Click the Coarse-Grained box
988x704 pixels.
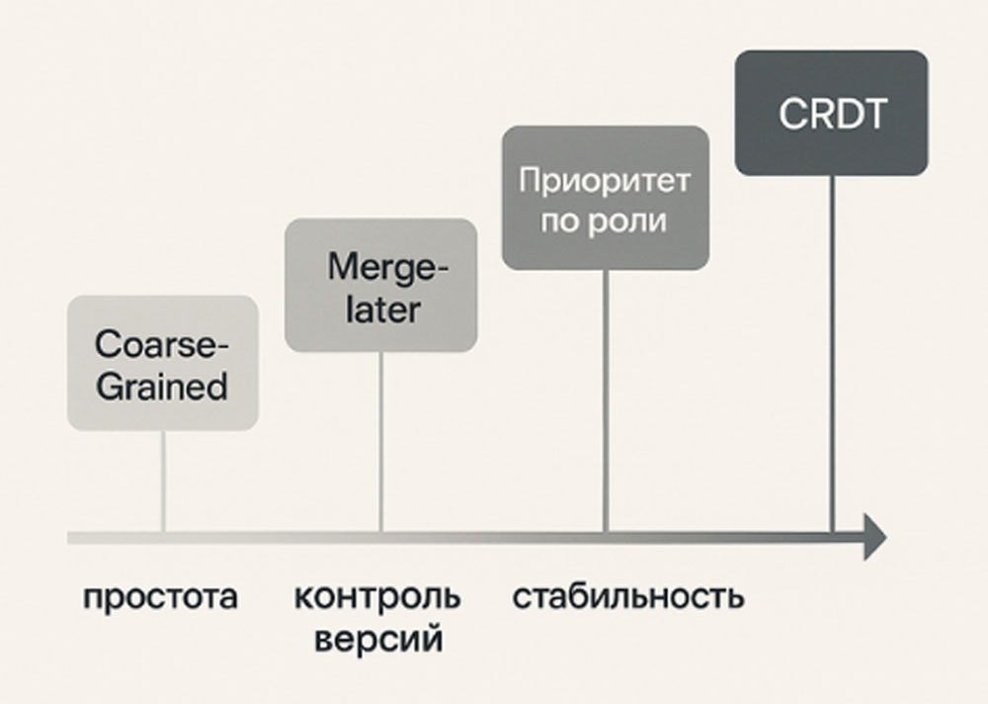click(162, 364)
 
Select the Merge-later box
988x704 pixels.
click(380, 285)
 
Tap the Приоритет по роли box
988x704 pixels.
click(605, 198)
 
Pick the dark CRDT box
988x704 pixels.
click(831, 114)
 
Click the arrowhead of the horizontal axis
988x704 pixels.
click(873, 537)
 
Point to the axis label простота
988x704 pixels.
click(160, 597)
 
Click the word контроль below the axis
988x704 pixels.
click(377, 597)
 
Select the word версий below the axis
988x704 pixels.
click(378, 638)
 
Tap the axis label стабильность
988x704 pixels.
click(628, 597)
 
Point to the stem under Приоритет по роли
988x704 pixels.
click(606, 400)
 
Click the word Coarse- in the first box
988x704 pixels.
click(162, 345)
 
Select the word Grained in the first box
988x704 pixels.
click(162, 385)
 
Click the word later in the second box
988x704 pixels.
click(381, 308)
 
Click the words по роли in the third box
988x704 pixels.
click(605, 220)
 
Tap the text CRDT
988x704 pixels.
click(832, 114)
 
